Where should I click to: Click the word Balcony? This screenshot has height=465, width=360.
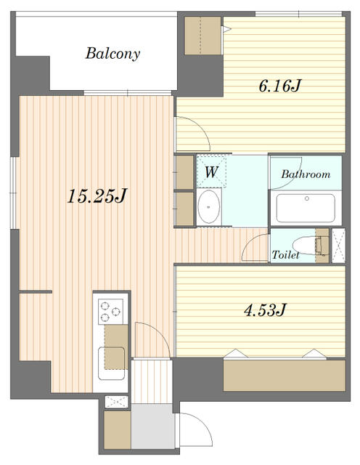(112, 53)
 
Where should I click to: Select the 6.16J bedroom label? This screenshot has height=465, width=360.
(279, 86)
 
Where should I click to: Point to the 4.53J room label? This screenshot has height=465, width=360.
(263, 310)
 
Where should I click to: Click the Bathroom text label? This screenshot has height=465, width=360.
(306, 174)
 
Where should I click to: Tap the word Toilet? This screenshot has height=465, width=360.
(285, 255)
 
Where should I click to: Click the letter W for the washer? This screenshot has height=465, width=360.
(211, 172)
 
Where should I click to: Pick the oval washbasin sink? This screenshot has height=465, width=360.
(210, 208)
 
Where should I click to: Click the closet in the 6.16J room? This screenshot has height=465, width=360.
(202, 35)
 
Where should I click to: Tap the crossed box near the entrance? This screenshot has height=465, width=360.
(115, 402)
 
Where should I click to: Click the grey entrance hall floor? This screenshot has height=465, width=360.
(151, 429)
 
